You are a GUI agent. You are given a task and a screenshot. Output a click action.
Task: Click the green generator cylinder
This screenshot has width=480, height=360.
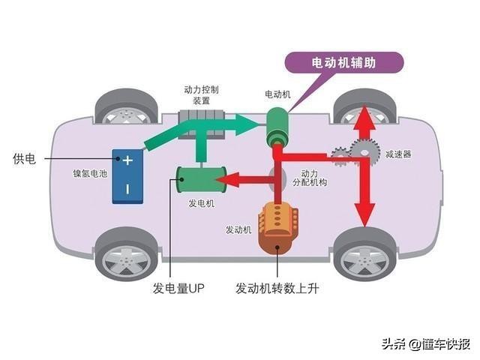click(x=199, y=180)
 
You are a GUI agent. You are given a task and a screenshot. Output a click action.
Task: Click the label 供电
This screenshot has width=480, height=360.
click(x=25, y=159)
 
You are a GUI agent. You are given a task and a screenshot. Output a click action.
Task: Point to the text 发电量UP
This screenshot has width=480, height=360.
click(x=176, y=288)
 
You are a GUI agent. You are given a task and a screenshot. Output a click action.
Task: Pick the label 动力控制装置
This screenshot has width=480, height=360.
click(x=202, y=94)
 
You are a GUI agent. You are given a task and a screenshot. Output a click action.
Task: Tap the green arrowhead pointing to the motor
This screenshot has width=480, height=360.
click(x=253, y=120)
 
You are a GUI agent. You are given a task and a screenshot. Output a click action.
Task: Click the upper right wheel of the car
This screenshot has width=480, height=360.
click(x=365, y=107)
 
